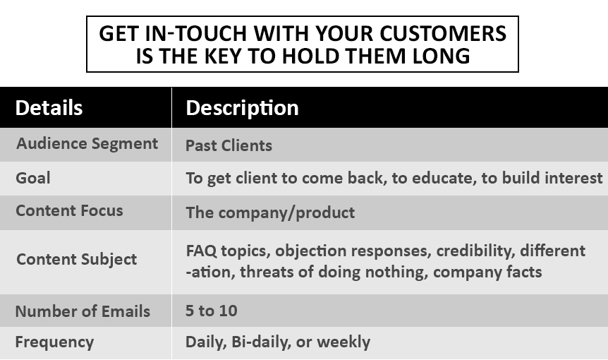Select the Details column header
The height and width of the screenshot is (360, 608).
click(x=49, y=108)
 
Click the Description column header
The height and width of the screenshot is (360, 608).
click(x=242, y=108)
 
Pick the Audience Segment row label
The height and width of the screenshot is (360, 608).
click(x=87, y=144)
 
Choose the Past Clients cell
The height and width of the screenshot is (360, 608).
click(x=229, y=146)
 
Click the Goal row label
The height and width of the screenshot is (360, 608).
click(x=33, y=178)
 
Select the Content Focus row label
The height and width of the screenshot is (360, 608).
click(x=69, y=211)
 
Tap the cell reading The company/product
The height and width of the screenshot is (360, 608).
click(x=270, y=212)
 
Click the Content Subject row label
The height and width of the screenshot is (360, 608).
click(x=76, y=259)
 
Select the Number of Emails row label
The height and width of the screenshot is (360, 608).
click(x=83, y=311)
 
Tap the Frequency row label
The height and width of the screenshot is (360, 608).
click(x=54, y=342)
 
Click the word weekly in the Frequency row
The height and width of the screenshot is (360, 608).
click(x=343, y=342)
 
